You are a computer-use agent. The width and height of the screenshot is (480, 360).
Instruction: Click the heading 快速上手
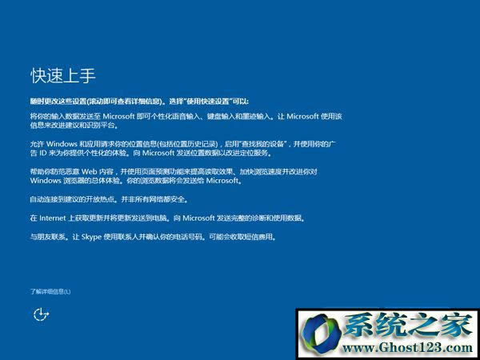pos(63,76)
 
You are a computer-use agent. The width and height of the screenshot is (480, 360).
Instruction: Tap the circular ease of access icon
pos(41,314)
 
